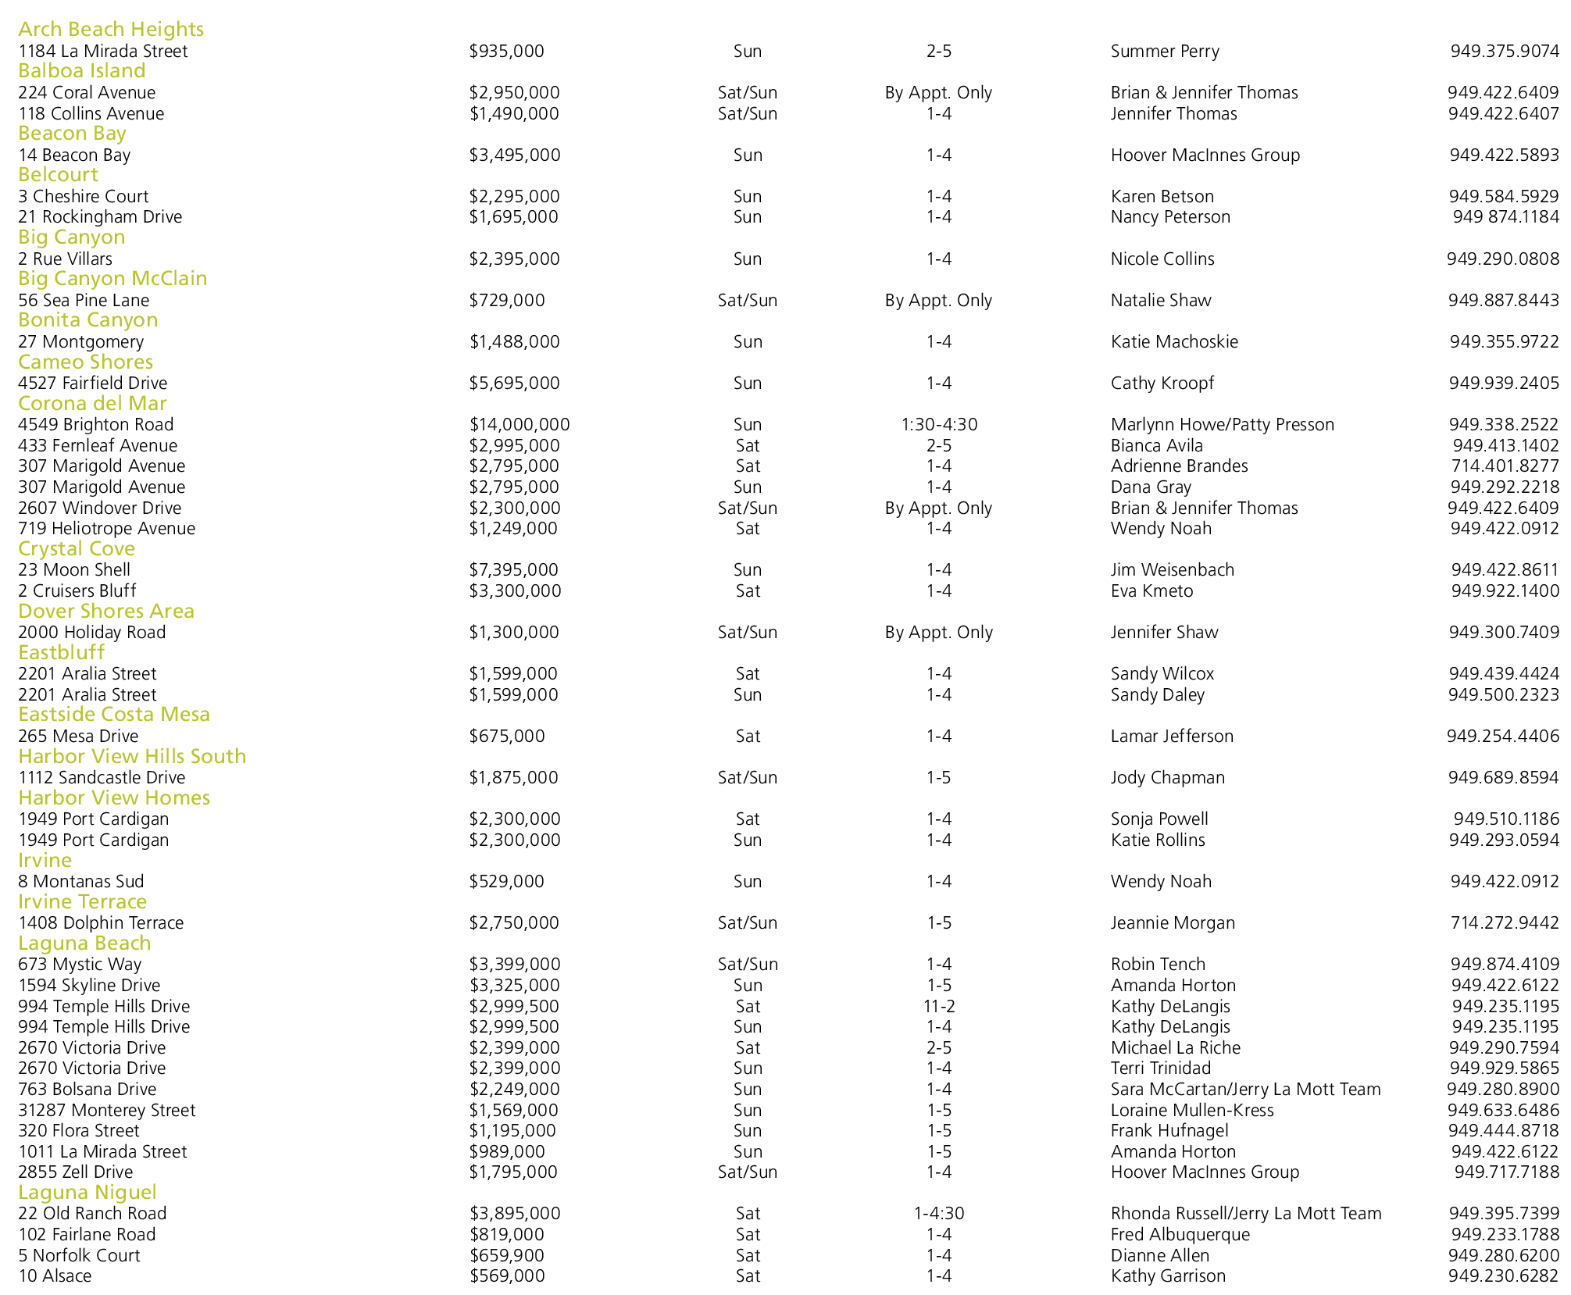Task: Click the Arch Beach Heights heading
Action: pos(111,29)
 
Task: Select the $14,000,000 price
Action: pos(520,424)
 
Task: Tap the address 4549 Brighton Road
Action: pos(96,424)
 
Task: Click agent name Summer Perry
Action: pos(1165,52)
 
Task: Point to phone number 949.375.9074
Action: pos(1505,52)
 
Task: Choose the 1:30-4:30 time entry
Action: pos(939,424)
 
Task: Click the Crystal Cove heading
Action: pos(77,548)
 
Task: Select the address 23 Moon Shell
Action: pos(74,569)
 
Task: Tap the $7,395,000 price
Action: pos(515,569)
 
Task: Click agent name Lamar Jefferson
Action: pos(1172,736)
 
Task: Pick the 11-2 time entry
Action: pos(939,1006)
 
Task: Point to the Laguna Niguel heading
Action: pos(87,1192)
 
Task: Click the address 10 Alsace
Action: pos(55,1275)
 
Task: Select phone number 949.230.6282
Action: pos(1504,1275)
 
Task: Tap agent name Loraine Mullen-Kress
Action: pos(1192,1110)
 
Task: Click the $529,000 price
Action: pos(506,881)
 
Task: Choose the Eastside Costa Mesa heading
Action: pos(114,714)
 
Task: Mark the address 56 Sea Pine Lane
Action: pos(84,300)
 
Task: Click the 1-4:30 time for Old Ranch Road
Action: pos(939,1213)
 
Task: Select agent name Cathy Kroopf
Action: pos(1162,383)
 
